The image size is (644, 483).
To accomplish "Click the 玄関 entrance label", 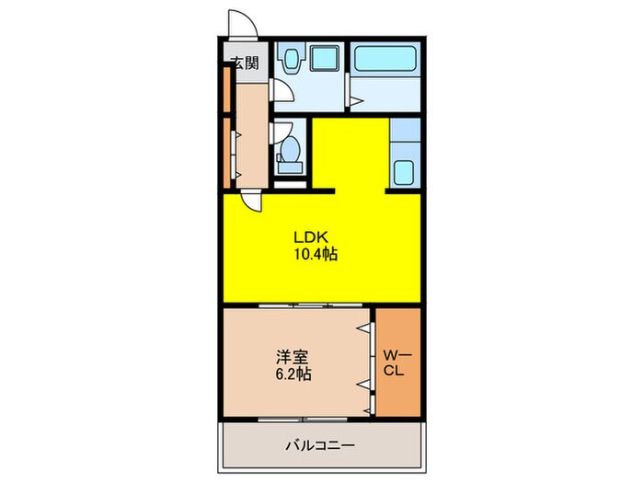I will (x=244, y=64).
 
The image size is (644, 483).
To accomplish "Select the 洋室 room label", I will (x=282, y=355).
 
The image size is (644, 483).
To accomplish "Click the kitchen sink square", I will (x=405, y=170).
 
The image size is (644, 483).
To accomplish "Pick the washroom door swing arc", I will (x=280, y=90).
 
